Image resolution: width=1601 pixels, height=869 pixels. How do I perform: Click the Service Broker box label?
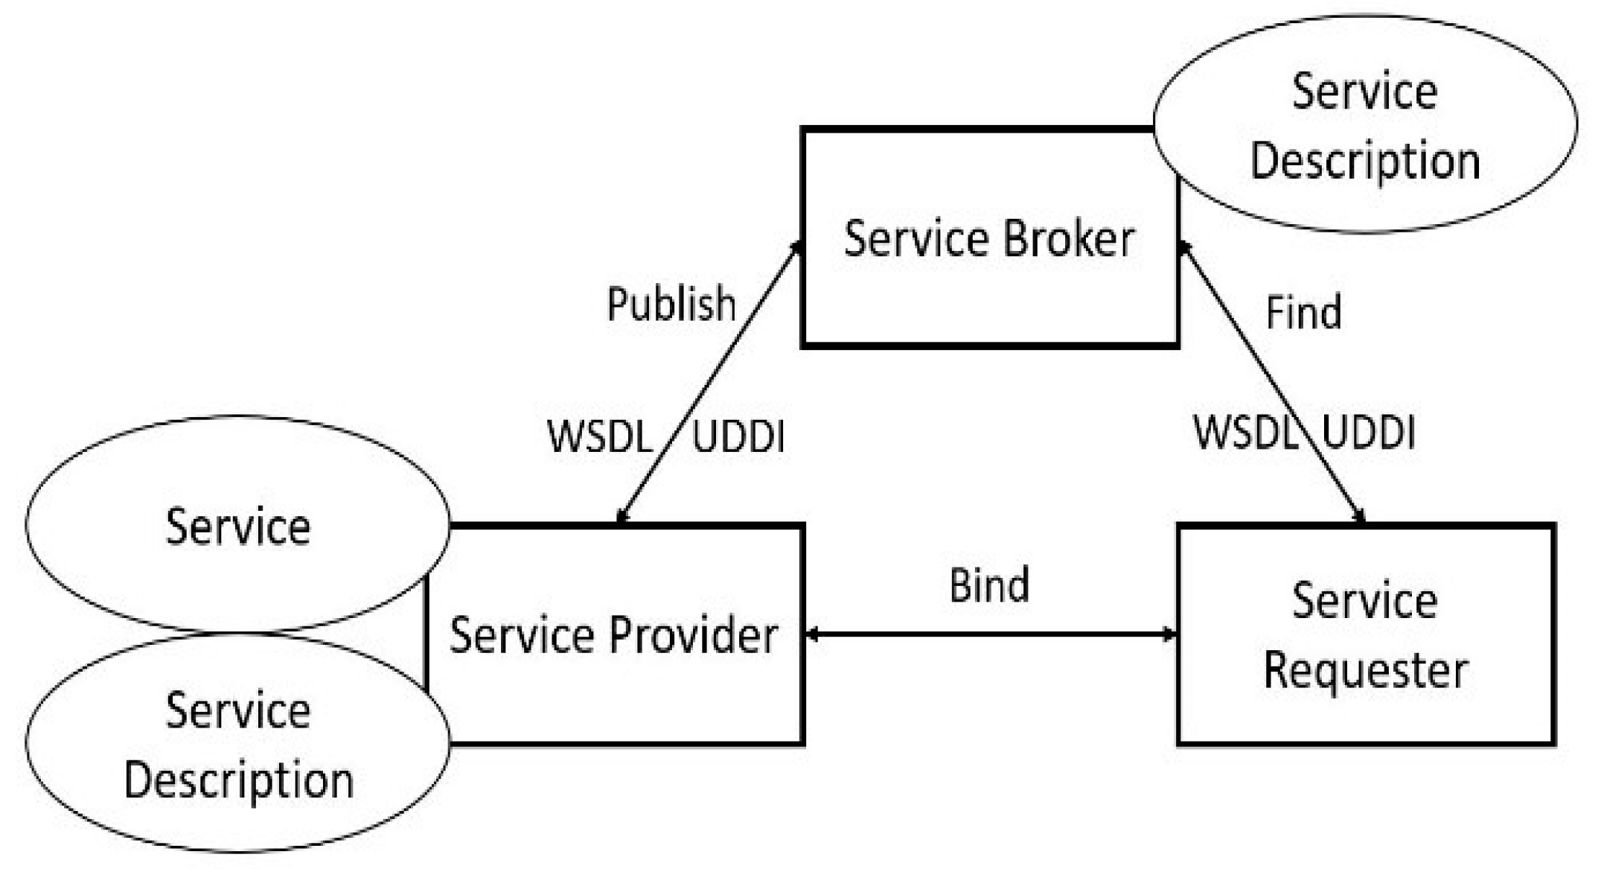988,239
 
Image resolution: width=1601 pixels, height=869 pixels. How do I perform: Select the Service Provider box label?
613,636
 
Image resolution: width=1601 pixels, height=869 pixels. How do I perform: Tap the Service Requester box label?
1365,634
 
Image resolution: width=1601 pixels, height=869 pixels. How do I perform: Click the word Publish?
671,304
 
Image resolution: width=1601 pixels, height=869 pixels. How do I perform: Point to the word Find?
1303,312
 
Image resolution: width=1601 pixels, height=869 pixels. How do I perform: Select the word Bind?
989,585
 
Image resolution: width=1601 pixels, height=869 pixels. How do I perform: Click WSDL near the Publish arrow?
600,436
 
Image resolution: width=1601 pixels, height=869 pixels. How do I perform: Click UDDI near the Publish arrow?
738,436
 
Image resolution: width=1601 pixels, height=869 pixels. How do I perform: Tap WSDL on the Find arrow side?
1245,432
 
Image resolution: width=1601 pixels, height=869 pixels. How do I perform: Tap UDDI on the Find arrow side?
1368,432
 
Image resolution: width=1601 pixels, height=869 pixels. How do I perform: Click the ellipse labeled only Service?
237,526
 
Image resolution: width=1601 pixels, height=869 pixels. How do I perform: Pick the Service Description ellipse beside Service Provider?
237,745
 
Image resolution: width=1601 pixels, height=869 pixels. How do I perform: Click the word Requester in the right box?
1365,670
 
